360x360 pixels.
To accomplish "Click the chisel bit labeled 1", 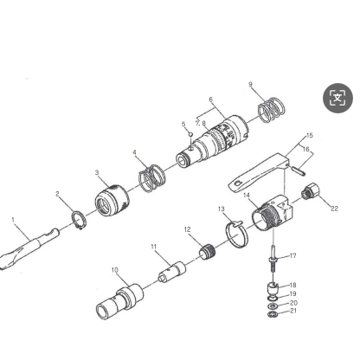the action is [x=29, y=249].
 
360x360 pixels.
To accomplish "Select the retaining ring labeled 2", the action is [x=79, y=220].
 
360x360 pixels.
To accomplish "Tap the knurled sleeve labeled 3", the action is [x=112, y=200].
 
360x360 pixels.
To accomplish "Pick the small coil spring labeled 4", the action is [x=152, y=178].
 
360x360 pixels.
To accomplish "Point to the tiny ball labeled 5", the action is [x=190, y=134].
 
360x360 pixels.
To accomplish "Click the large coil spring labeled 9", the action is [x=271, y=110].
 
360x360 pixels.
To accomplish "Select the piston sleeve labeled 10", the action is [x=119, y=301].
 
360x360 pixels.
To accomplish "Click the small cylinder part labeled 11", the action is [x=172, y=272].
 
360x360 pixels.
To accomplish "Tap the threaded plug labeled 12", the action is [x=207, y=252].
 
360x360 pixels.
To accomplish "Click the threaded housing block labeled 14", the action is [x=273, y=213].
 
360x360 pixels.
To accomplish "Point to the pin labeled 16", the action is [x=298, y=170].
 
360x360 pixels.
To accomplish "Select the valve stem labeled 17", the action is [x=273, y=263].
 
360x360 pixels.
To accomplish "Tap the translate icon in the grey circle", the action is [x=337, y=98].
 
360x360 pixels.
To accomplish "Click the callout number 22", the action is [x=334, y=209].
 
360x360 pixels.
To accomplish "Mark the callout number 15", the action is [x=310, y=135].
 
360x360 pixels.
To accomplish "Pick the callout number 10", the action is [x=115, y=270].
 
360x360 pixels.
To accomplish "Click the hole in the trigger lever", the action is [x=237, y=183].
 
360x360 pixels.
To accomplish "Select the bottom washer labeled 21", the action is [x=273, y=314].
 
